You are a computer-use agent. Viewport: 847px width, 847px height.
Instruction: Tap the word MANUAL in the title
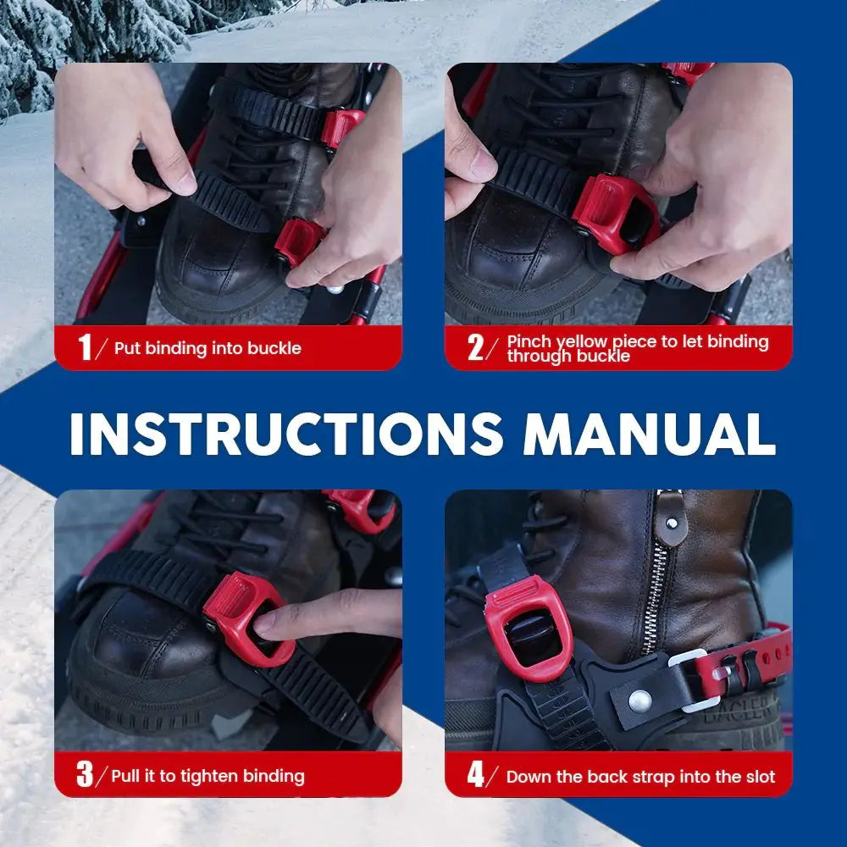(x=650, y=434)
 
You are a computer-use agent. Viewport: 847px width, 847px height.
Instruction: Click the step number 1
(x=85, y=346)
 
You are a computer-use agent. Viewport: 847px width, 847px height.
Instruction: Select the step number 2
(x=475, y=347)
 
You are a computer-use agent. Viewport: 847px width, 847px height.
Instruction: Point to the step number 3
(x=85, y=774)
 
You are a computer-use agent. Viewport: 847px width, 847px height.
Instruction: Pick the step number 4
(x=475, y=775)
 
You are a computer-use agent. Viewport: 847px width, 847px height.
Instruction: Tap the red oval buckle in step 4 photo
(x=529, y=628)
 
